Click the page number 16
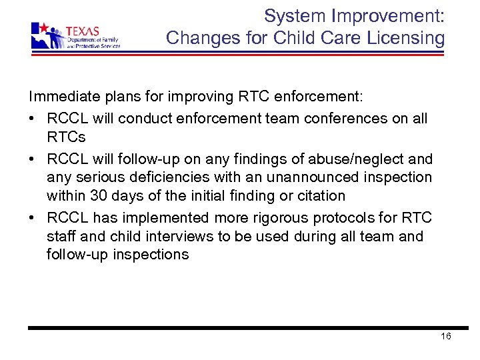click(446, 336)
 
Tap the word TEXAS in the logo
click(83, 31)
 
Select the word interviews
click(177, 236)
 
